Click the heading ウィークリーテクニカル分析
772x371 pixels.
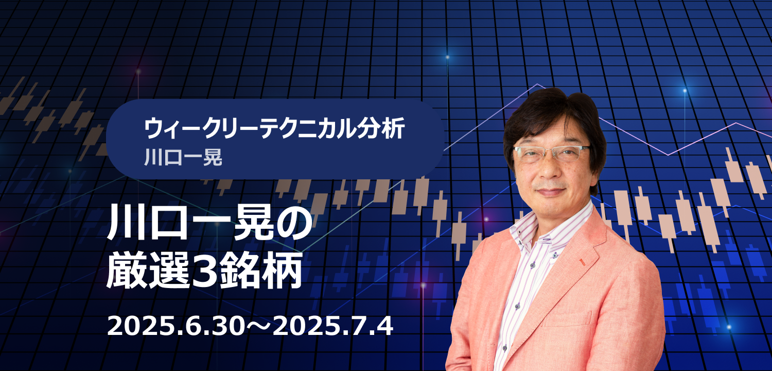click(274, 128)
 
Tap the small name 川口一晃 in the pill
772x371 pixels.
click(183, 157)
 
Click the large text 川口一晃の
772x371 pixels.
click(210, 223)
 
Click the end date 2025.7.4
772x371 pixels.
click(333, 326)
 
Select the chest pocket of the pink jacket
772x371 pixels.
click(567, 319)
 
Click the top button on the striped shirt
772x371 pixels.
click(555, 256)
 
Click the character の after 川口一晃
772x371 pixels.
click(294, 223)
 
